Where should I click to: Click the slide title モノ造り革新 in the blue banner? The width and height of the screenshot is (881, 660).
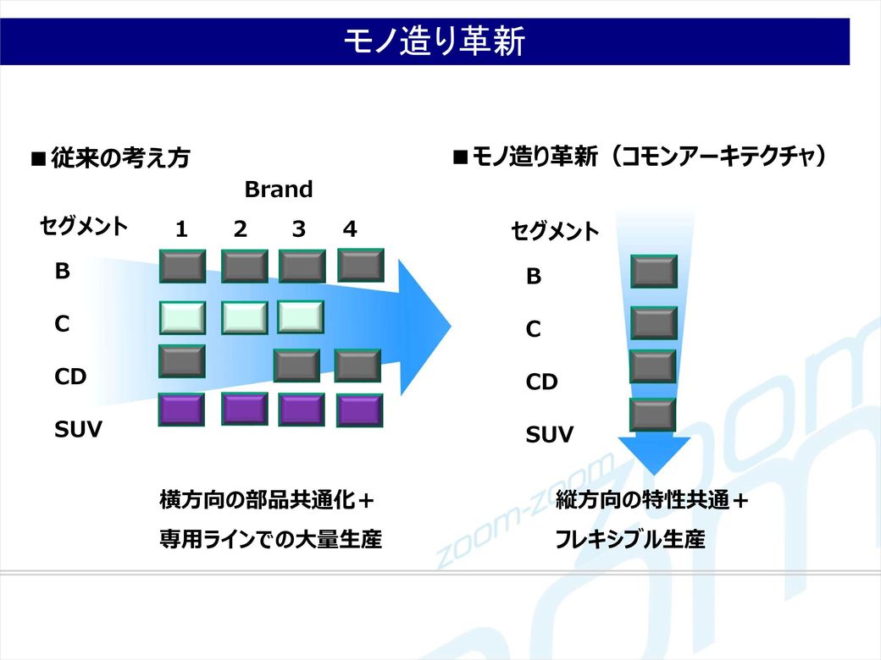[x=434, y=41]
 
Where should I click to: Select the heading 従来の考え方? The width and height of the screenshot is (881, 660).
[x=120, y=157]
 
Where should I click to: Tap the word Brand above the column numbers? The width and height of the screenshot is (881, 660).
[x=278, y=190]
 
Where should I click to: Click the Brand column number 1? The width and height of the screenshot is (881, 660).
[x=181, y=229]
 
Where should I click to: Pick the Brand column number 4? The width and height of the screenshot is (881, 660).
[x=350, y=229]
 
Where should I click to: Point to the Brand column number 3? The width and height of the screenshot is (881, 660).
[x=299, y=229]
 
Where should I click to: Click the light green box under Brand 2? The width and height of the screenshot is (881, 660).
[x=245, y=317]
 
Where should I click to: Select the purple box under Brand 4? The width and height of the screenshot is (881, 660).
[x=359, y=410]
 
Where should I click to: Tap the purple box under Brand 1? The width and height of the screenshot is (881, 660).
[x=181, y=410]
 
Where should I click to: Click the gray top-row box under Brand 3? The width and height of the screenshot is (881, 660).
[x=302, y=266]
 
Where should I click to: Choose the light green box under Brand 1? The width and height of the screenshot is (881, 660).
[x=183, y=317]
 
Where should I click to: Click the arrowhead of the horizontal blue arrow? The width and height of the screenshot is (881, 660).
[x=424, y=327]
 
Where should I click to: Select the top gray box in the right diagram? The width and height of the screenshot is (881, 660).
[x=654, y=272]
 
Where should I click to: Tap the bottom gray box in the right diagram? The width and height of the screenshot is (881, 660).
[x=653, y=415]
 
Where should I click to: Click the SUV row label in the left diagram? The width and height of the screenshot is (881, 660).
[x=78, y=429]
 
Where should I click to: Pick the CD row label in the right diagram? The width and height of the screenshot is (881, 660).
[x=541, y=382]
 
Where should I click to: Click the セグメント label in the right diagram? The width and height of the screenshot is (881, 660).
[x=555, y=231]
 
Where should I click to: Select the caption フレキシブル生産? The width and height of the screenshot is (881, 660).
[x=630, y=539]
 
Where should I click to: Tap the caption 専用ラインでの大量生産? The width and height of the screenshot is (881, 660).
[x=271, y=539]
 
